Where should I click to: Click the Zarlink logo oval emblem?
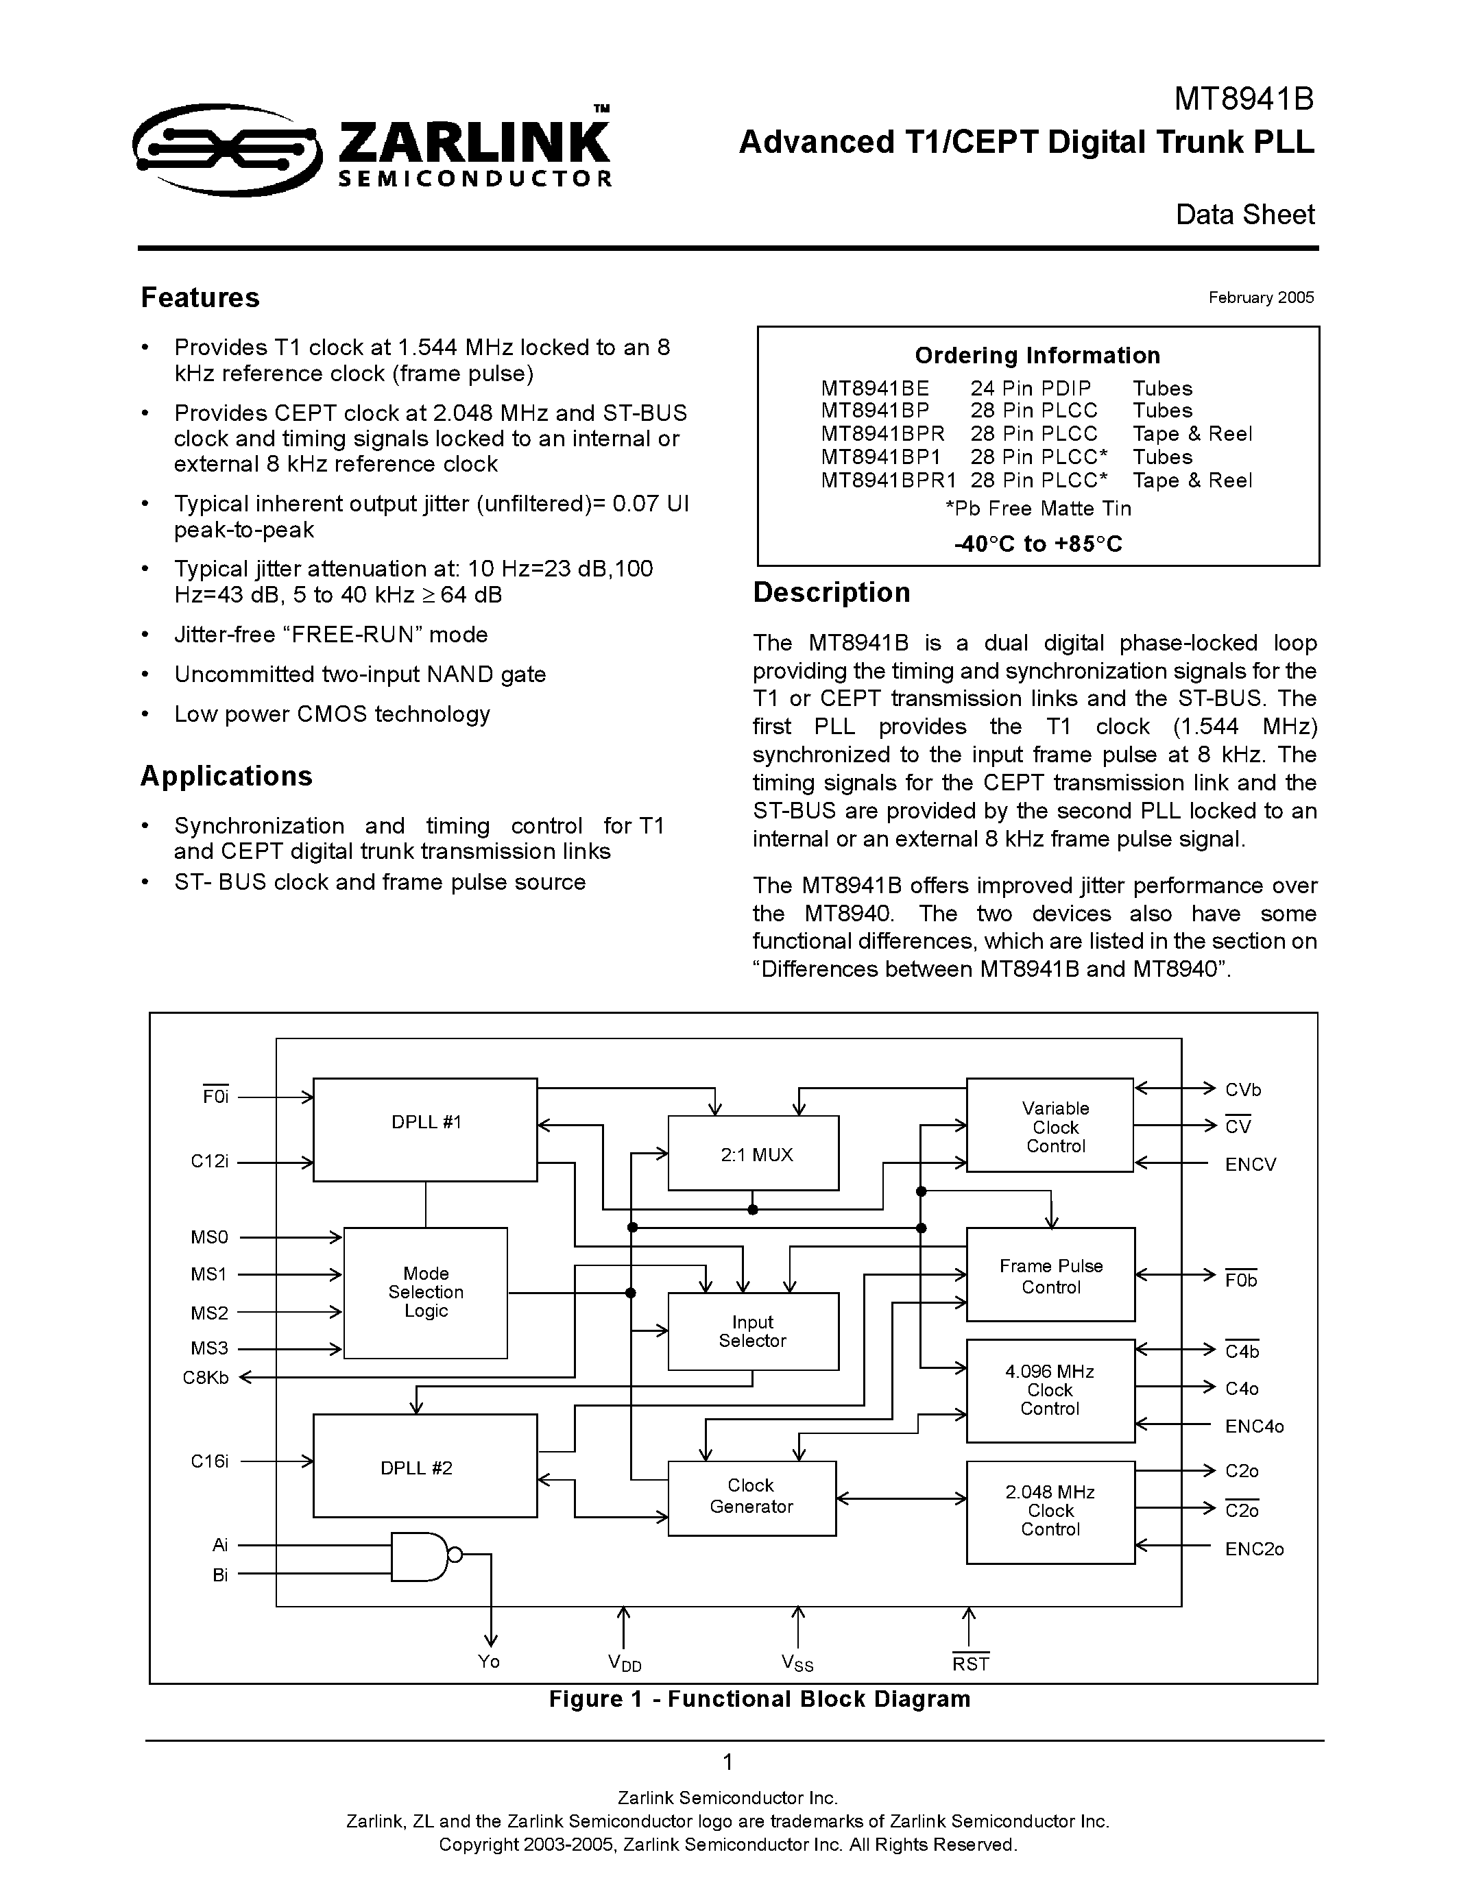point(227,150)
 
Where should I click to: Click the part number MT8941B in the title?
point(1243,100)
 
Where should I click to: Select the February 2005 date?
point(1260,297)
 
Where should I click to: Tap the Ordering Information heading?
point(1037,356)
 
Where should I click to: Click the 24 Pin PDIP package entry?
point(1030,389)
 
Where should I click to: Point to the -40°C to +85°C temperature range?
point(1037,544)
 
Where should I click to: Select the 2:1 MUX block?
point(754,1154)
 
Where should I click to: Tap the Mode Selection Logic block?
point(426,1292)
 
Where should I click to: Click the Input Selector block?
point(753,1331)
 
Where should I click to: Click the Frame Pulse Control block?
point(1050,1276)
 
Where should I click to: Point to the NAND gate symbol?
point(420,1556)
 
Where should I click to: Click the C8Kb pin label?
point(206,1378)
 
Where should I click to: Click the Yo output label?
point(489,1662)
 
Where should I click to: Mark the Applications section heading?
point(226,776)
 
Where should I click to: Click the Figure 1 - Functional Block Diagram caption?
point(760,1699)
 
